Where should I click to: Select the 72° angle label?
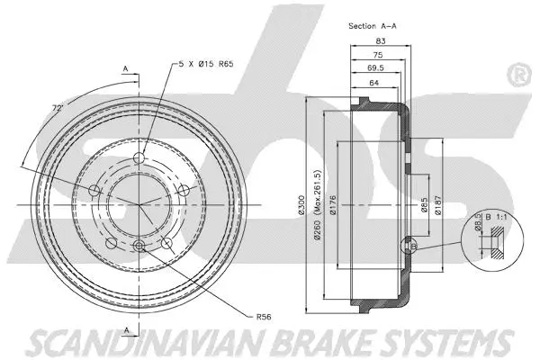tap(58, 108)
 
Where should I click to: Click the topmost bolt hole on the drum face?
tap(139, 159)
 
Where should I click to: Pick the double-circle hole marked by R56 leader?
tap(139, 247)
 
